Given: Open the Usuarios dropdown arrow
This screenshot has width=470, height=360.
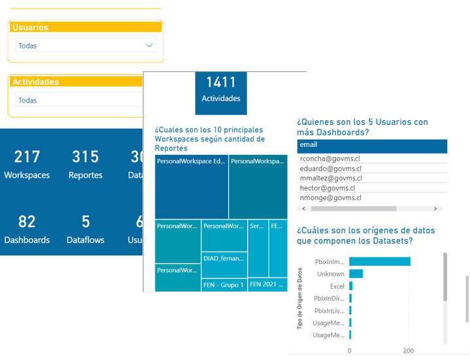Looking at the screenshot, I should (x=150, y=45).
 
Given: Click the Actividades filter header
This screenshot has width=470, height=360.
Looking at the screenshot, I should (x=35, y=82).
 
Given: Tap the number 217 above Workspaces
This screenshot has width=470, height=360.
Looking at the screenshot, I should (x=27, y=157).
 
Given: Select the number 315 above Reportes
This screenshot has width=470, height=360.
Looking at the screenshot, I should (x=86, y=157).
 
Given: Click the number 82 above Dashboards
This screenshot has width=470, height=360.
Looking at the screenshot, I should (x=27, y=221).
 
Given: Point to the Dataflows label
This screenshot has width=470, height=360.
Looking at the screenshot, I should (x=86, y=240).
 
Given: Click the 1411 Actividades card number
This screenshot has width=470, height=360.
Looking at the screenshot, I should (x=220, y=82).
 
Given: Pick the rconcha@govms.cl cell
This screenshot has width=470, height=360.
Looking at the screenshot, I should (x=330, y=158).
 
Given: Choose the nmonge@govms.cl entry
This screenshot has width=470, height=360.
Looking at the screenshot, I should (x=330, y=197).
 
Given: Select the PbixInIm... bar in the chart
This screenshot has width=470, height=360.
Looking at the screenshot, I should (x=379, y=261).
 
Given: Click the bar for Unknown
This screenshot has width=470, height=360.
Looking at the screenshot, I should (x=356, y=274).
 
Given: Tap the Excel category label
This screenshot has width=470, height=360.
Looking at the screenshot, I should (x=337, y=286).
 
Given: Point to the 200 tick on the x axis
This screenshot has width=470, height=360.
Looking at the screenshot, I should (x=409, y=351).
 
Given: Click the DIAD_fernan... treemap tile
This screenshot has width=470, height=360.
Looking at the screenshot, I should (x=224, y=258).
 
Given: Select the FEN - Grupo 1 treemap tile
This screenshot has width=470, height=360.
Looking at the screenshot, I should (x=224, y=285).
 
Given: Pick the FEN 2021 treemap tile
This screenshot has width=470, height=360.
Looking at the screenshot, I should (x=267, y=285).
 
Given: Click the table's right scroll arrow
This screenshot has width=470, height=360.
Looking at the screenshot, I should (x=437, y=208).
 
